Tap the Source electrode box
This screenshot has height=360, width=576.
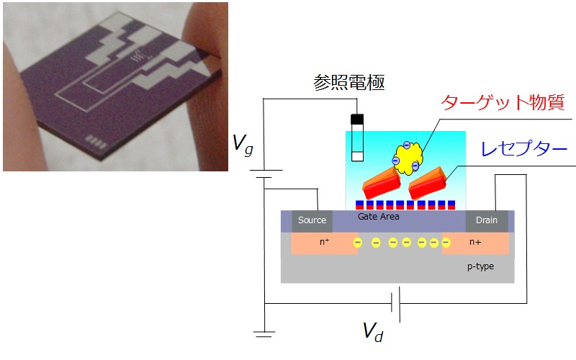tap(312, 220)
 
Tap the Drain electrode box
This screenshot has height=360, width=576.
tap(487, 220)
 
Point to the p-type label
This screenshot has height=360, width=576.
tap(480, 266)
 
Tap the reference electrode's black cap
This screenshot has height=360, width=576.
tap(356, 119)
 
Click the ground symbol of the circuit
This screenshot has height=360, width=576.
tap(264, 334)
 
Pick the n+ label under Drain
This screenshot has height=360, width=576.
tap(476, 243)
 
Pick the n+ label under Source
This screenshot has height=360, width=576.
tap(325, 243)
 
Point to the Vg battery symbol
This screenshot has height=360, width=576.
tap(264, 175)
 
